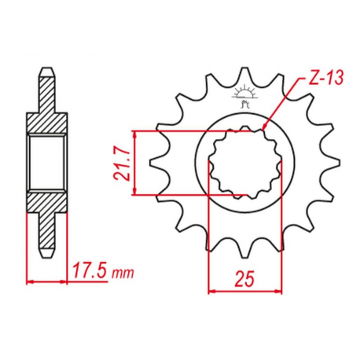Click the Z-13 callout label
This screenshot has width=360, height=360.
click(x=325, y=78)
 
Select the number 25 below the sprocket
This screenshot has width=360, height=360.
click(x=244, y=278)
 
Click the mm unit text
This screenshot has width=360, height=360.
click(x=123, y=274)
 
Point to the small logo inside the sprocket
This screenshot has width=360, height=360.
click(x=244, y=97)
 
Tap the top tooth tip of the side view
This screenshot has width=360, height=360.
click(x=47, y=68)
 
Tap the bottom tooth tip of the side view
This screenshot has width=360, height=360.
click(x=47, y=257)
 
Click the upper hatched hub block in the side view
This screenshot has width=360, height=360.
click(x=47, y=123)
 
